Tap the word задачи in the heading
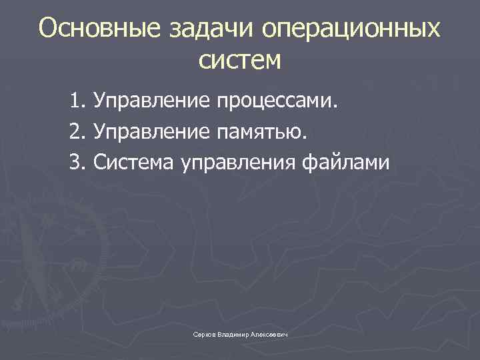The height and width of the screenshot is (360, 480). pos(202,30)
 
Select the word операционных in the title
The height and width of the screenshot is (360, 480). pos(351,30)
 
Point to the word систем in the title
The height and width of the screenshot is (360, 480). pos(240,61)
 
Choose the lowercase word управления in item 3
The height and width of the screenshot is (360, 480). pos(237,163)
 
